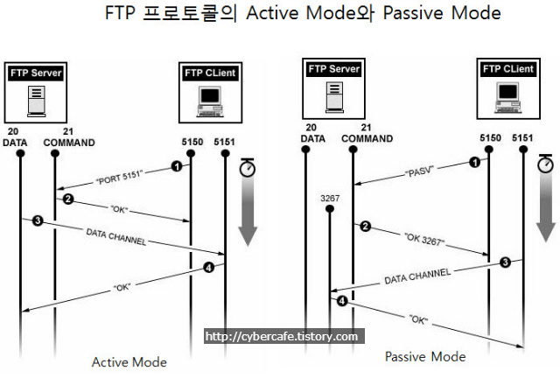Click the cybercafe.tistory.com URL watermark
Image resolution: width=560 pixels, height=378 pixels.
coord(282,337)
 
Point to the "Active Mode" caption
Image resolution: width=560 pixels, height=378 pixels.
coord(129,361)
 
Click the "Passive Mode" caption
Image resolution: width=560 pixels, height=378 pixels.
coord(425,357)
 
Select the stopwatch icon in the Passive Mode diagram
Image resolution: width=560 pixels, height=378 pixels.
coord(546,163)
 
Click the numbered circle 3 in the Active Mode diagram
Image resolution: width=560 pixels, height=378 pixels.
coord(38,220)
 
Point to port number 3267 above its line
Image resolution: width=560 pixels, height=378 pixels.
coord(330,199)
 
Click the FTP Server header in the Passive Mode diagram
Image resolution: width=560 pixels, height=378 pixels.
coord(333,69)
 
